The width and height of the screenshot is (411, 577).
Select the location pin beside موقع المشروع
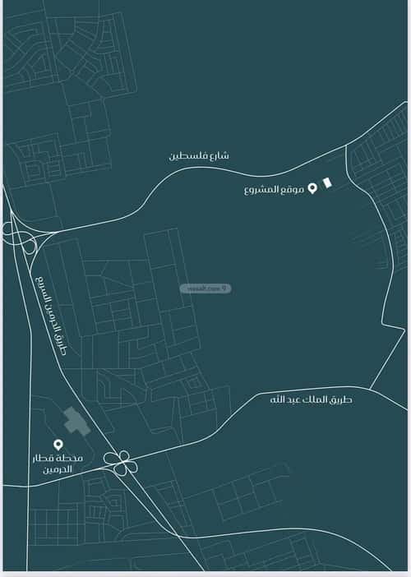(x=312, y=189)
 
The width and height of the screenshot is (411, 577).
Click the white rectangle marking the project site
(x=327, y=183)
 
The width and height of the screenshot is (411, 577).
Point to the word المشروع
(x=263, y=190)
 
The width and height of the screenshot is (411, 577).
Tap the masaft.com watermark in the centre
(x=205, y=288)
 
